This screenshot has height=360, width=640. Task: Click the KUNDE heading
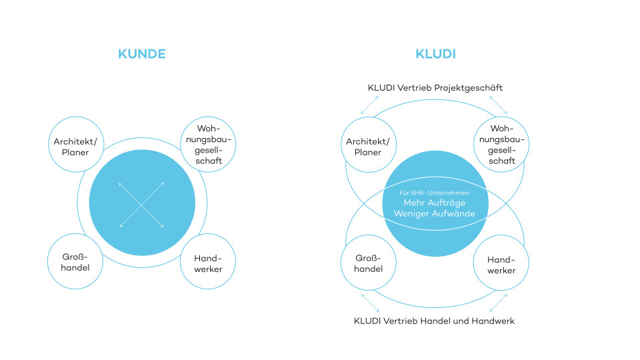pyautogui.click(x=141, y=54)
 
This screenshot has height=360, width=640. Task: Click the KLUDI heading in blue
pyautogui.click(x=435, y=54)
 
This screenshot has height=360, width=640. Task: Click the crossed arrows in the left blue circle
pyautogui.click(x=141, y=204)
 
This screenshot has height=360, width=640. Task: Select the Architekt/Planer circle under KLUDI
pyautogui.click(x=368, y=147)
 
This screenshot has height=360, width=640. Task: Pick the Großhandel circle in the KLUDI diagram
pyautogui.click(x=368, y=263)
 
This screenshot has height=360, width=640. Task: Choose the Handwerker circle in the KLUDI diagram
pyautogui.click(x=501, y=265)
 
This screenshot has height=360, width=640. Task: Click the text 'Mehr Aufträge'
pyautogui.click(x=435, y=203)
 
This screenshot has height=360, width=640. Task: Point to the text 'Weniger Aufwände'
pyautogui.click(x=435, y=214)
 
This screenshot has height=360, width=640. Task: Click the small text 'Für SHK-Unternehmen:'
pyautogui.click(x=435, y=192)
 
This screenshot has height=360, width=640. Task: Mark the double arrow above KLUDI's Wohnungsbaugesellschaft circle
pyautogui.click(x=498, y=105)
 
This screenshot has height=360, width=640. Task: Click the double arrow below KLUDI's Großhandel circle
pyautogui.click(x=371, y=303)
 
